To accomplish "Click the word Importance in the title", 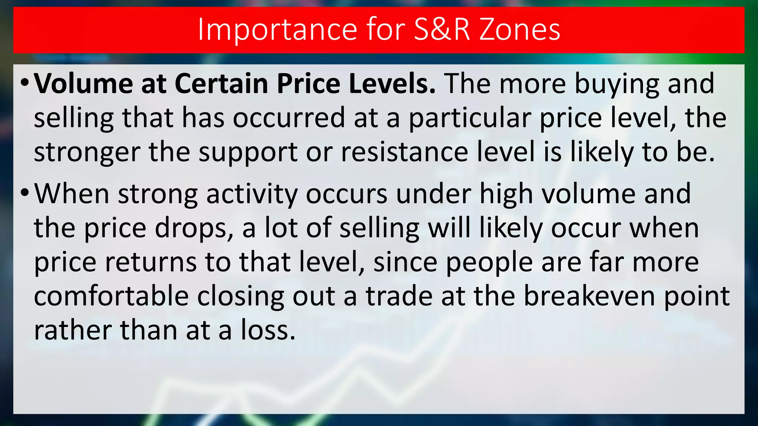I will point(278,30).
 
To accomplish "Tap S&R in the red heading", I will point(442,30).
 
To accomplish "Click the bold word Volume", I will point(83,84).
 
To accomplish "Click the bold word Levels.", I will point(392,84).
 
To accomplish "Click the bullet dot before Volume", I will point(25,82).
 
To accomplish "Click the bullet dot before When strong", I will point(25,192).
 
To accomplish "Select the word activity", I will point(252,195).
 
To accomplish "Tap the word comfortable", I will point(111,296).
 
